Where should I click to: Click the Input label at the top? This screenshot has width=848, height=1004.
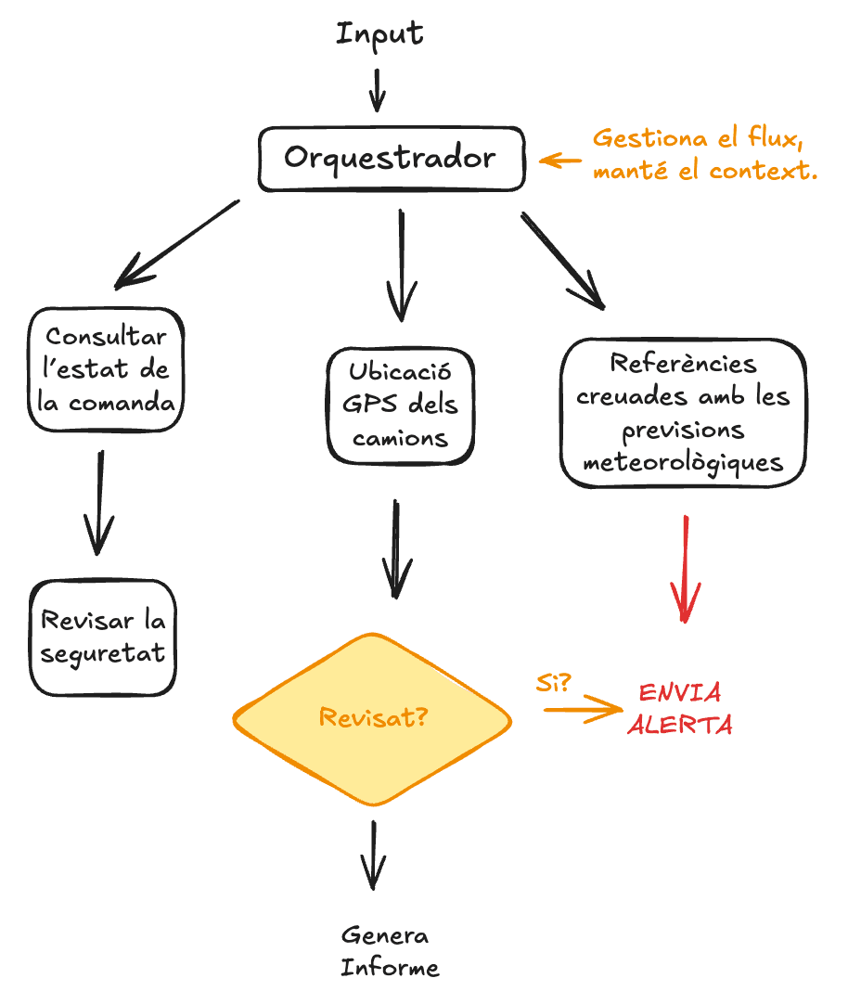379,34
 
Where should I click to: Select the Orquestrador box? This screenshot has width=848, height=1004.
391,158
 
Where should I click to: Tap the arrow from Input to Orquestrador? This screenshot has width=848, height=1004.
377,91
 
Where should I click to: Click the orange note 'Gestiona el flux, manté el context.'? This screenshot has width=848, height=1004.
704,155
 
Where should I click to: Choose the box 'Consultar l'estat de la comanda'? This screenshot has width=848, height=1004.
106,370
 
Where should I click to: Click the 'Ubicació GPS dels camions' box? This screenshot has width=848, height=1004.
401,405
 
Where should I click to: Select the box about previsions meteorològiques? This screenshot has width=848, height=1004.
683,414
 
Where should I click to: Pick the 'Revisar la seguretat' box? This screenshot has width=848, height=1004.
103,637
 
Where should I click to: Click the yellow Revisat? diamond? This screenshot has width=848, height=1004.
373,718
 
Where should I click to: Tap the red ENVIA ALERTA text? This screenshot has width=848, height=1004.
680,709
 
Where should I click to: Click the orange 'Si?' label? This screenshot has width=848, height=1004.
553,683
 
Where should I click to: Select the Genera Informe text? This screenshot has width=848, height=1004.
389,951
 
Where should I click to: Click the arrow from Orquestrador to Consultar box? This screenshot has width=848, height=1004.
176,243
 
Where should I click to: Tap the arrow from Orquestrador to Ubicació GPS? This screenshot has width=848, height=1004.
402,264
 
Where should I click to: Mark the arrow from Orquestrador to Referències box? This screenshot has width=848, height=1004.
562,260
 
